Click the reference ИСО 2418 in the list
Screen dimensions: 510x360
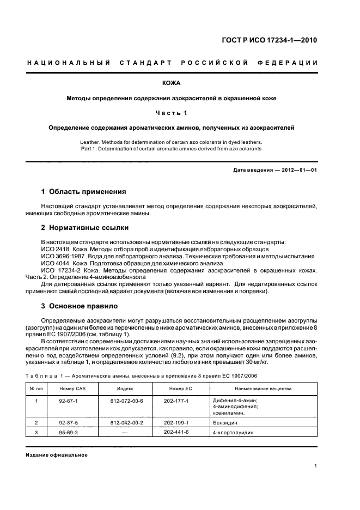(53, 248)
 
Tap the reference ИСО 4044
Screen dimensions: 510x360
(53, 263)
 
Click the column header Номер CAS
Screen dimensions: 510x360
(72, 389)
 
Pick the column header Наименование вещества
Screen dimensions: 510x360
(263, 389)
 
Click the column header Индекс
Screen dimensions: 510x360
(125, 389)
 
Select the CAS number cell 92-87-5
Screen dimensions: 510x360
(72, 422)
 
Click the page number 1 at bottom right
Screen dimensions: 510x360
(316, 466)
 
